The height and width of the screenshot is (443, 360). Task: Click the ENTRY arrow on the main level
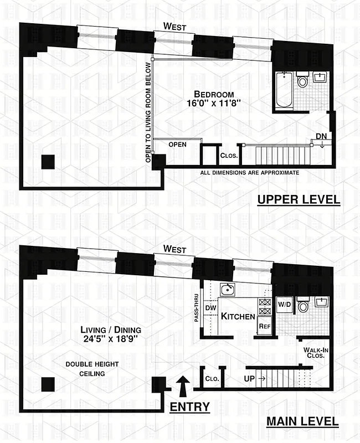(181, 384)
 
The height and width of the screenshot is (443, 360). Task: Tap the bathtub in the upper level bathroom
(285, 91)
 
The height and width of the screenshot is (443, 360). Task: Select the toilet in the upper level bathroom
(302, 81)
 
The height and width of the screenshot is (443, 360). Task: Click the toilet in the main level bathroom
(302, 305)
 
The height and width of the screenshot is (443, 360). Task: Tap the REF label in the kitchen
(264, 327)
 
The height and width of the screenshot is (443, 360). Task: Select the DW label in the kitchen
(210, 308)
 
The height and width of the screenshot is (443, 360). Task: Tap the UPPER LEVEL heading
(299, 199)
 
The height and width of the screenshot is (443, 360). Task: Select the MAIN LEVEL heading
(302, 421)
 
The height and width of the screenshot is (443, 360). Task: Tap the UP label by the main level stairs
(249, 379)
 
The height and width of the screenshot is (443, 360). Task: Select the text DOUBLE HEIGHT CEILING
(85, 369)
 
